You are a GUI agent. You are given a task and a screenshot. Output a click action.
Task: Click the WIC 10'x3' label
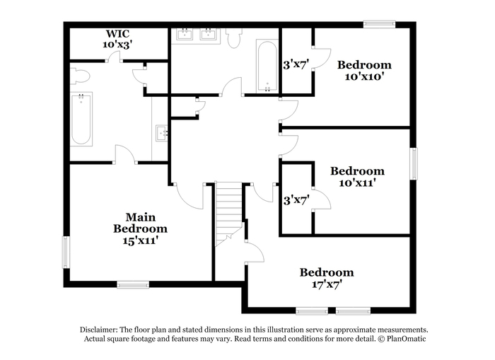click(117, 39)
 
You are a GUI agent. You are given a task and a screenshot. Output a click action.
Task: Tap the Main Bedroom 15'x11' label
click(141, 228)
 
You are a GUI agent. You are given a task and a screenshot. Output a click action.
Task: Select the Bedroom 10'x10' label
click(364, 71)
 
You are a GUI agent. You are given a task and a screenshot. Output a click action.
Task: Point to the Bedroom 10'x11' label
click(357, 177)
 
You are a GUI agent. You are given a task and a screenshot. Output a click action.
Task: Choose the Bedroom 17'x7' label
click(327, 278)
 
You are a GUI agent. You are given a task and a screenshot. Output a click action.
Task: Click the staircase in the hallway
click(228, 214)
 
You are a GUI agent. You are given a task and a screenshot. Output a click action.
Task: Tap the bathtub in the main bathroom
click(81, 119)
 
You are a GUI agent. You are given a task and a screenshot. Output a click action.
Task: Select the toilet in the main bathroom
click(79, 76)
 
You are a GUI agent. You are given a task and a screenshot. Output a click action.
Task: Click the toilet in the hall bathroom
click(234, 38)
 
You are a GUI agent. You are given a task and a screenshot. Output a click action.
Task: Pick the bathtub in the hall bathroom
click(267, 66)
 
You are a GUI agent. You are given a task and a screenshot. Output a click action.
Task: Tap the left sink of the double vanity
click(185, 35)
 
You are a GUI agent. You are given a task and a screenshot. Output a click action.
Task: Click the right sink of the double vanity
click(209, 35)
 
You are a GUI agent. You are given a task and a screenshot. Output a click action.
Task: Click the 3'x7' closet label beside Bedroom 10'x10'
click(296, 65)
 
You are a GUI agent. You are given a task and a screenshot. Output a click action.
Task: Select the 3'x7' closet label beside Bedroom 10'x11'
click(296, 200)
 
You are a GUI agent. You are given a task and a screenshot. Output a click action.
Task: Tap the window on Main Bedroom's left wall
click(66, 252)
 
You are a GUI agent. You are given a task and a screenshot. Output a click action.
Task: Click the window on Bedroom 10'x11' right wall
click(414, 163)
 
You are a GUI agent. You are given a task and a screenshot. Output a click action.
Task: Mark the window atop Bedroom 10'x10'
click(379, 24)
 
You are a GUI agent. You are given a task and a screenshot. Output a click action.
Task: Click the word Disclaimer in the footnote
click(99, 330)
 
